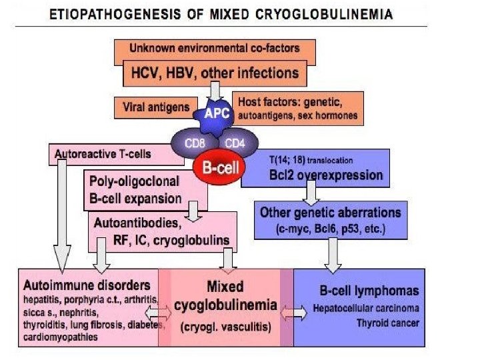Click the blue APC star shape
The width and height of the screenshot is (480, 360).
215,114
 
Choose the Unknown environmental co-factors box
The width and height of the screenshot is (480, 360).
215,49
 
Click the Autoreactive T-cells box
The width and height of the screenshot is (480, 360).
117,154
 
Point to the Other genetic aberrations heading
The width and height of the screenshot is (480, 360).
331,213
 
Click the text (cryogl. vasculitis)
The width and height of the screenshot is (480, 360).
225,328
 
